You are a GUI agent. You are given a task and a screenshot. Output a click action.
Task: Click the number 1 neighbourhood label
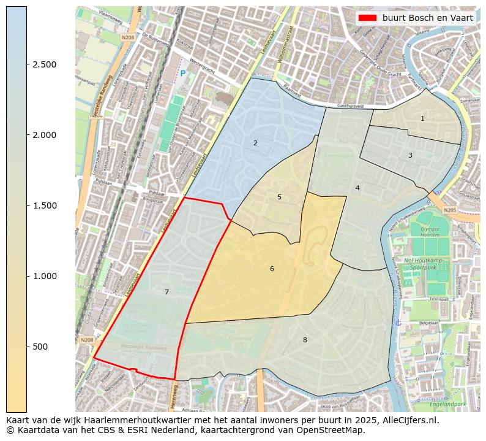[422, 118]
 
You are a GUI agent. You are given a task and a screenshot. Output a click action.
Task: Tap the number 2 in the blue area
[255, 143]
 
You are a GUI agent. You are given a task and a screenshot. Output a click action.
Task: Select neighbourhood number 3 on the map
[410, 155]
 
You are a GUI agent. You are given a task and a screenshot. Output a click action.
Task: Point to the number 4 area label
[357, 188]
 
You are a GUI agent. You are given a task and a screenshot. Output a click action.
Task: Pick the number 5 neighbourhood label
[279, 197]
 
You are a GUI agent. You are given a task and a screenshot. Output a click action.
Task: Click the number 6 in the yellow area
[272, 269]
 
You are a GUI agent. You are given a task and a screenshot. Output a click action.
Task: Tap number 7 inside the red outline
[166, 292]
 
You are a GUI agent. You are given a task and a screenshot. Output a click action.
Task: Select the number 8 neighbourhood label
[305, 340]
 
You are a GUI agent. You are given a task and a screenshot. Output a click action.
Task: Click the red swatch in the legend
[367, 18]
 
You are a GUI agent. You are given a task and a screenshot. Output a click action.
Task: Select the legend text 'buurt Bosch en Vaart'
[428, 18]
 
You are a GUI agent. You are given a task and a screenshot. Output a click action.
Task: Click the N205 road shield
[450, 210]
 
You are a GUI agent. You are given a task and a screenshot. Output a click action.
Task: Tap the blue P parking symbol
[182, 74]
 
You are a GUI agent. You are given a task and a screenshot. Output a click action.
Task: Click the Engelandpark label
[449, 404]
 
